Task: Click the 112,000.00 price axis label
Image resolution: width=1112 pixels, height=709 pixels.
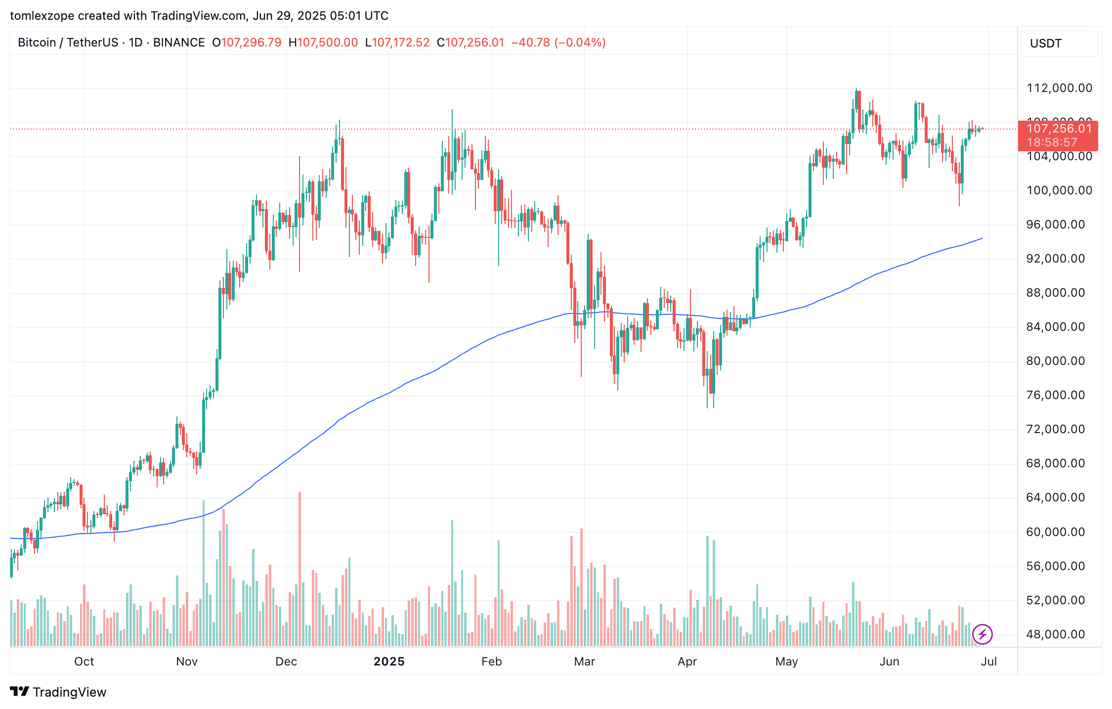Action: tap(1059, 88)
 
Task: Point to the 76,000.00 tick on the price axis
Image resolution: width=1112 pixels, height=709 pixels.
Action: tap(1056, 395)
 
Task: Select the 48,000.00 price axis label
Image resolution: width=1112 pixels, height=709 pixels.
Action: tap(1056, 634)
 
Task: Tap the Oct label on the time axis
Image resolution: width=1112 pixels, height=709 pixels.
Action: tap(84, 662)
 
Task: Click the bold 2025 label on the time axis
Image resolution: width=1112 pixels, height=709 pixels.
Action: tap(389, 662)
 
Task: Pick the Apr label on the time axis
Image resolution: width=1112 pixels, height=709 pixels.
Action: tap(687, 662)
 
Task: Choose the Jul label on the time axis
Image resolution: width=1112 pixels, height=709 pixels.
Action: tap(989, 662)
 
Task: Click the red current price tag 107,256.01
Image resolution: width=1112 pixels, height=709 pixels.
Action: tap(1059, 129)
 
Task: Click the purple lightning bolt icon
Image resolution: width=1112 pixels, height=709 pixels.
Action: tap(982, 634)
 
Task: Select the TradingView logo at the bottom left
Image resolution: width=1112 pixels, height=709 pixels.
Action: tap(58, 692)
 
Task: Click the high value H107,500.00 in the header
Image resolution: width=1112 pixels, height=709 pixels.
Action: tap(323, 43)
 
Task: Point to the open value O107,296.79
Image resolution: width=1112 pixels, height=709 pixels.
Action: tap(247, 43)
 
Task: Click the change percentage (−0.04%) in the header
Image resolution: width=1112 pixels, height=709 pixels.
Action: tap(580, 43)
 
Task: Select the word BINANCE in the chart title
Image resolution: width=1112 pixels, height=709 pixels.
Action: tap(179, 43)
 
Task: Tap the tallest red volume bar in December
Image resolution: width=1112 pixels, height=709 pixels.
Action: tap(299, 569)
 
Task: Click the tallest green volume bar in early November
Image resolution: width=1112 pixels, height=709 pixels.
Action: tap(203, 574)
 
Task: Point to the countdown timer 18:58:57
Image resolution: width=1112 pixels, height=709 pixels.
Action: tap(1052, 143)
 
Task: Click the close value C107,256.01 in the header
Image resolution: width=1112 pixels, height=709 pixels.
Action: tap(470, 43)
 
